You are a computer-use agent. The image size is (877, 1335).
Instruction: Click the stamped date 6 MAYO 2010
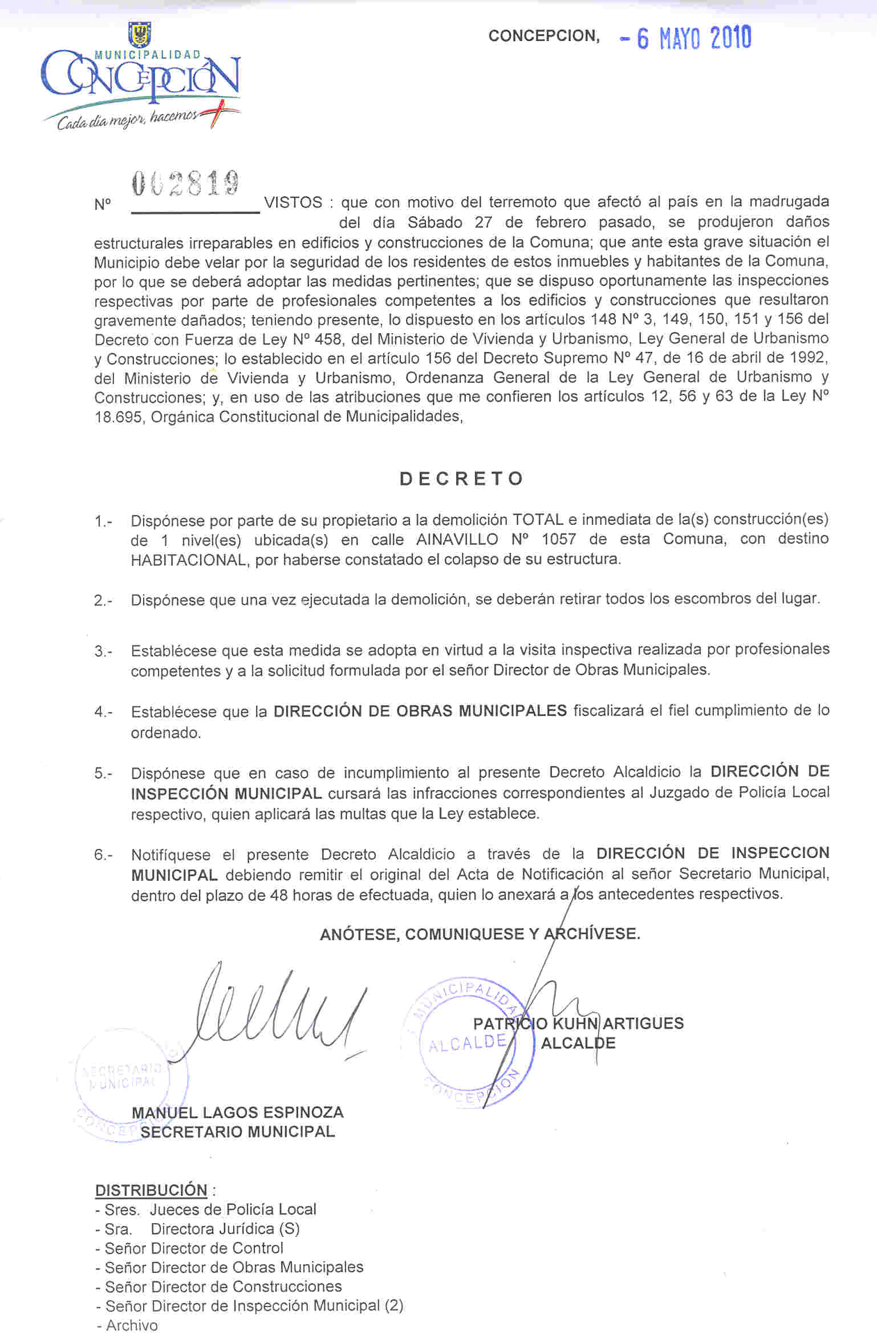tap(686, 38)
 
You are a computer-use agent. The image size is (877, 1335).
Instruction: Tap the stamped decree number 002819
tap(185, 184)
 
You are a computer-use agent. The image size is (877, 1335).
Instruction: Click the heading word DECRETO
tap(461, 479)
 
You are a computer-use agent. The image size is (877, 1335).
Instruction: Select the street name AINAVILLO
tap(457, 540)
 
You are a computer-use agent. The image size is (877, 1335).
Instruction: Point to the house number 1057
tap(559, 540)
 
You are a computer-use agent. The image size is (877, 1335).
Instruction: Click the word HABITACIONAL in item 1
tap(188, 560)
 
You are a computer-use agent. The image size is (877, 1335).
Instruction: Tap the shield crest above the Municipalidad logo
tap(140, 34)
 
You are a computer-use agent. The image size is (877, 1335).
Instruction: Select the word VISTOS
tap(293, 203)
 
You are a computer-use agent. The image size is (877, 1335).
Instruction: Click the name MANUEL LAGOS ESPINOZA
tap(237, 1112)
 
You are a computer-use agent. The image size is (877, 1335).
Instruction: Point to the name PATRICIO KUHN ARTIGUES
tap(578, 1023)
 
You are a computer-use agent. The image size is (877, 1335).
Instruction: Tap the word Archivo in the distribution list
tap(132, 1325)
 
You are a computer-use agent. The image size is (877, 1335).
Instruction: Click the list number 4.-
tap(103, 712)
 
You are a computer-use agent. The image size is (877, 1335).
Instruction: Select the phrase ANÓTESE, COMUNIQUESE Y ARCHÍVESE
tap(480, 934)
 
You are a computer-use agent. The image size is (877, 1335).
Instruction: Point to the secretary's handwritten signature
tap(274, 1013)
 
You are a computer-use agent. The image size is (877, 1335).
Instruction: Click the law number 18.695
tap(118, 417)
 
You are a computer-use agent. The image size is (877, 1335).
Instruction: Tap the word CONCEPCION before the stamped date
tap(543, 36)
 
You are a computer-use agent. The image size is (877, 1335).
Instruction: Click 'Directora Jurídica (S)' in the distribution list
tap(225, 1229)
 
